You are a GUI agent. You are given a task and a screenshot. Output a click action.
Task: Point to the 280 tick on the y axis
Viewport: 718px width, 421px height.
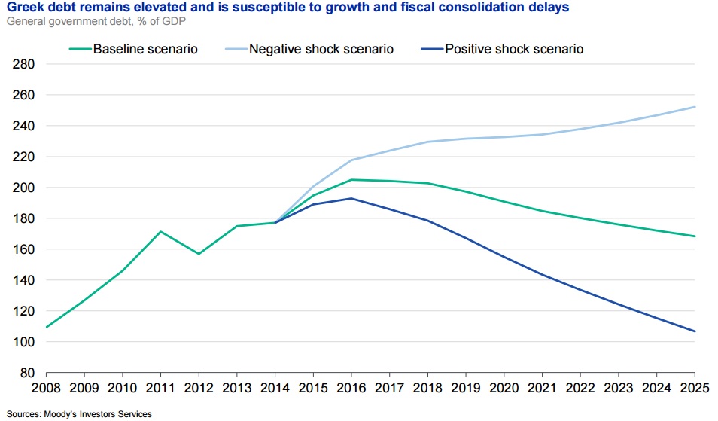click(x=25, y=65)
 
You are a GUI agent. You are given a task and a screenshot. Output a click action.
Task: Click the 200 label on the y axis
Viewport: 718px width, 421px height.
click(x=25, y=188)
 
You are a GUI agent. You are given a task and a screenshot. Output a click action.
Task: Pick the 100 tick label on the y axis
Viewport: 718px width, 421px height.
click(x=25, y=342)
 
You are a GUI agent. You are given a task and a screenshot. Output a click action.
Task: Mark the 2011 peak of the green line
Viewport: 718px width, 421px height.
click(x=161, y=231)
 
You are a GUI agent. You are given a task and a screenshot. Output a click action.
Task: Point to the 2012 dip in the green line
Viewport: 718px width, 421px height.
click(x=199, y=254)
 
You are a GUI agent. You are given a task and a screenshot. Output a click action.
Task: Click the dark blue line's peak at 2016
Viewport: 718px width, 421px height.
click(x=351, y=198)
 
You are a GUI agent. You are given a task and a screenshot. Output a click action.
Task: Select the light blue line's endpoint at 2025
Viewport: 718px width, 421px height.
click(x=694, y=107)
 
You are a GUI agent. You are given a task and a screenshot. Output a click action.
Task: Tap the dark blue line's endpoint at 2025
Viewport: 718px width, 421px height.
click(x=694, y=331)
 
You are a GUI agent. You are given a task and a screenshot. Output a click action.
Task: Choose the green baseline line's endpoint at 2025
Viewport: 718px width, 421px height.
click(x=694, y=236)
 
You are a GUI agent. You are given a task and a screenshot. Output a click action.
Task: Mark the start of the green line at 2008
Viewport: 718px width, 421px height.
click(x=47, y=327)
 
